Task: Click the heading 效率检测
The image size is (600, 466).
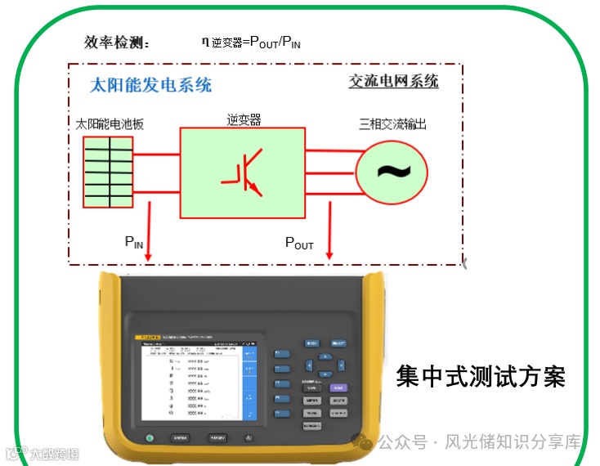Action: (117, 43)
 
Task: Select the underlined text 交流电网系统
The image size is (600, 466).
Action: (393, 82)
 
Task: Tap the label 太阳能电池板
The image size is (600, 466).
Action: (110, 125)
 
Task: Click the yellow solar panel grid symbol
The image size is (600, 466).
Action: (109, 172)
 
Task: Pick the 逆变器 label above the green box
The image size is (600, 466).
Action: (244, 120)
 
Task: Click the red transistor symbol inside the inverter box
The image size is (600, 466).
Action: (244, 171)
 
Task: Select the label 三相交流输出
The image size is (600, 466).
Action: (392, 125)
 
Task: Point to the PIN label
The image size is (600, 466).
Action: (133, 241)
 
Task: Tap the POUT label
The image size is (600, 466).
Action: (298, 243)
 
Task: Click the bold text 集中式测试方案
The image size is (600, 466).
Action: (481, 377)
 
